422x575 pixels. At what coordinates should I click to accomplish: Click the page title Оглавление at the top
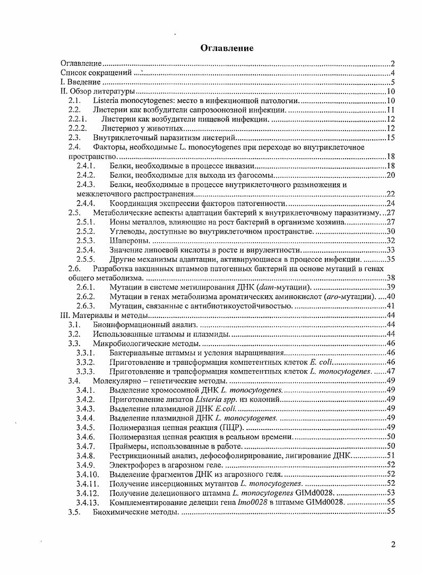pos(226,48)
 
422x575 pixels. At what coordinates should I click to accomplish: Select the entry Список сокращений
pos(96,73)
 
